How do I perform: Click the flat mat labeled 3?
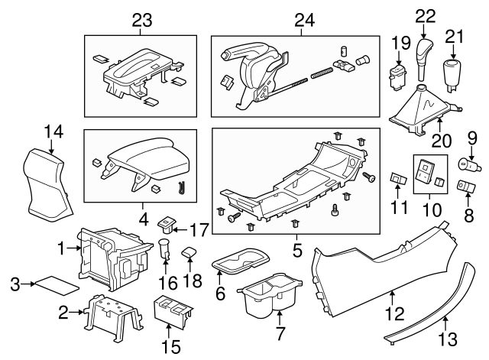(59, 285)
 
